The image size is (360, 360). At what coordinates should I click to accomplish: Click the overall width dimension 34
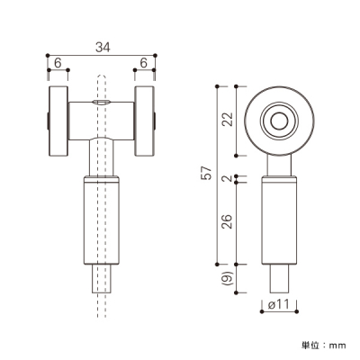(103, 47)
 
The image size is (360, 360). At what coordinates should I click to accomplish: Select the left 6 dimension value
(58, 63)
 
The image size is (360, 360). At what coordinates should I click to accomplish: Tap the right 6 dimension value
(144, 63)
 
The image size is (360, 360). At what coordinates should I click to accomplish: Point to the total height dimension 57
(208, 173)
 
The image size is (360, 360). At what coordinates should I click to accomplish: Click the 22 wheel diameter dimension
(228, 119)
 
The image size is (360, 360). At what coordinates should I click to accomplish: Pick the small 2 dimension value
(229, 178)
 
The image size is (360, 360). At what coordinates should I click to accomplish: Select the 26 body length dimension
(228, 222)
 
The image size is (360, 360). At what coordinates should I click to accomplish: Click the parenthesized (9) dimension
(229, 278)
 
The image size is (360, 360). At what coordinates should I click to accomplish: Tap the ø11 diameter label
(279, 304)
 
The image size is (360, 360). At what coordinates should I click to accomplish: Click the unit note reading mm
(337, 346)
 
